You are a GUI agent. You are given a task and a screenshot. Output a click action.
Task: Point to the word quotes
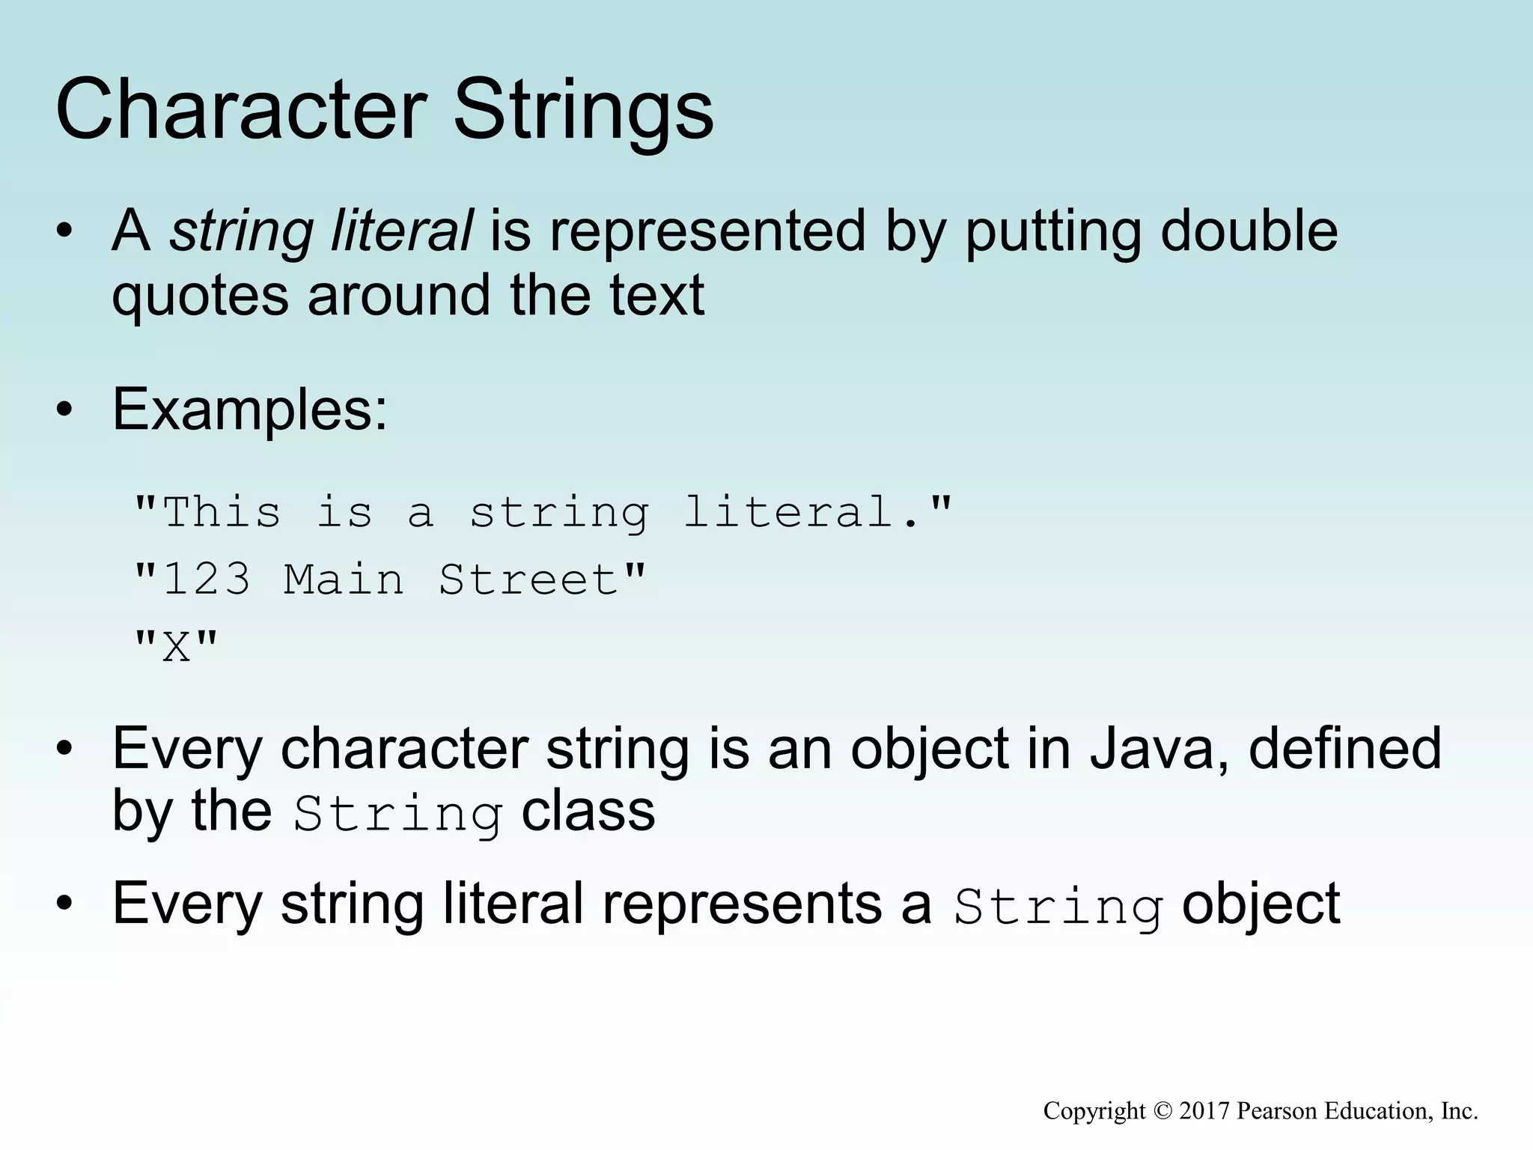[200, 295]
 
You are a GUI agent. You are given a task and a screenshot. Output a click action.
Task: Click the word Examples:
[250, 410]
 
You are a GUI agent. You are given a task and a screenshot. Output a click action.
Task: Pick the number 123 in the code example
[207, 579]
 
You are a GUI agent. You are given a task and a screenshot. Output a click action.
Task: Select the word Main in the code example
[344, 579]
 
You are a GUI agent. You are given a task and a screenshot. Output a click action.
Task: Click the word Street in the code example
[528, 579]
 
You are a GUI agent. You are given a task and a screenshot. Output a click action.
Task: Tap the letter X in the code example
[177, 646]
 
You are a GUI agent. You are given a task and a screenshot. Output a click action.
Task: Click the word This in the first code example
[222, 513]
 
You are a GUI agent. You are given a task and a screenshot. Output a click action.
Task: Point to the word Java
[1158, 748]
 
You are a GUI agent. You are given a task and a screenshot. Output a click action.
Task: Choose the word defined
[1345, 748]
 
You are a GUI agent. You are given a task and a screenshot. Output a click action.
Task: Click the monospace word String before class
[397, 814]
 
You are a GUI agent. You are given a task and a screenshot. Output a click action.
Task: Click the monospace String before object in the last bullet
[1058, 907]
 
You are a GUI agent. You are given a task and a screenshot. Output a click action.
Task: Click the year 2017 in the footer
[1204, 1110]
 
